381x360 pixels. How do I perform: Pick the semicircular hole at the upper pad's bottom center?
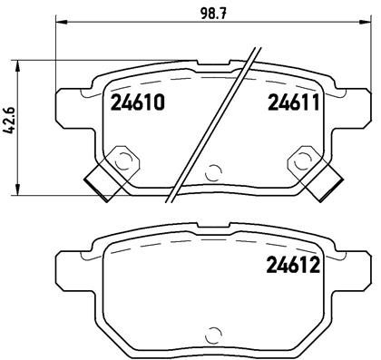tap(214, 170)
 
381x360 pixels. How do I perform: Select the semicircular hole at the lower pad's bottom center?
tap(214, 331)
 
